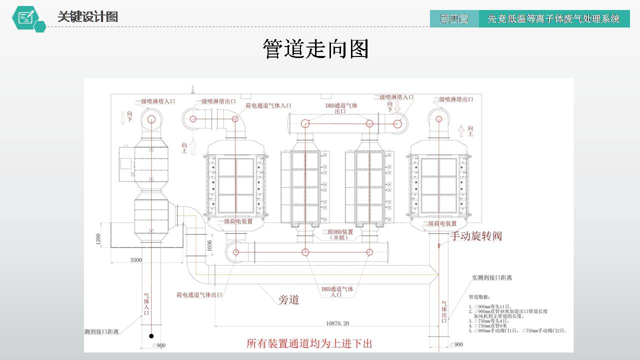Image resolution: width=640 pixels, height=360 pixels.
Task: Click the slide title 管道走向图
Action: [315, 49]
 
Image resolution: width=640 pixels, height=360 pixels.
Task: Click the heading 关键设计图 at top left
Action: [87, 17]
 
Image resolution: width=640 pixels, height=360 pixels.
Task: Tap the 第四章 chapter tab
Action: [454, 19]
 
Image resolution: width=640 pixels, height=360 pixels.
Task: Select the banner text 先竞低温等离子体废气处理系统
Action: [553, 19]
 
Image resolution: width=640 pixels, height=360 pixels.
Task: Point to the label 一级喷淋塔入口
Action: [155, 101]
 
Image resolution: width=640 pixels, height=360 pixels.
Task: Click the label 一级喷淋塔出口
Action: [216, 101]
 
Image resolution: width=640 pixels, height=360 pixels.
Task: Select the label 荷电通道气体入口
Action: [268, 106]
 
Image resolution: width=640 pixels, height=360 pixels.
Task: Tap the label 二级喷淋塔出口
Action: [453, 99]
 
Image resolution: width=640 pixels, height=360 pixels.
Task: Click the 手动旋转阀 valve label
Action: [475, 236]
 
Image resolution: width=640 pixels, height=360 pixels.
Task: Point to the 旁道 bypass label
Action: [288, 300]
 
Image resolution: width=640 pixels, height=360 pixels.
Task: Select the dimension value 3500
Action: [136, 260]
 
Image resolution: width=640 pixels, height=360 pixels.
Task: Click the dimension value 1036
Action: [209, 245]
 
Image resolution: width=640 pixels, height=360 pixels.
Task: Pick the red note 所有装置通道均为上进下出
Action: [309, 344]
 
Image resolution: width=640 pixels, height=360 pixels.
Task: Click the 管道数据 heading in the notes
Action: [479, 297]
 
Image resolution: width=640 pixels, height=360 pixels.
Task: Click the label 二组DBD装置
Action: [337, 232]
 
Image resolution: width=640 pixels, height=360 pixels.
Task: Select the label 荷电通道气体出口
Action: [199, 295]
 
